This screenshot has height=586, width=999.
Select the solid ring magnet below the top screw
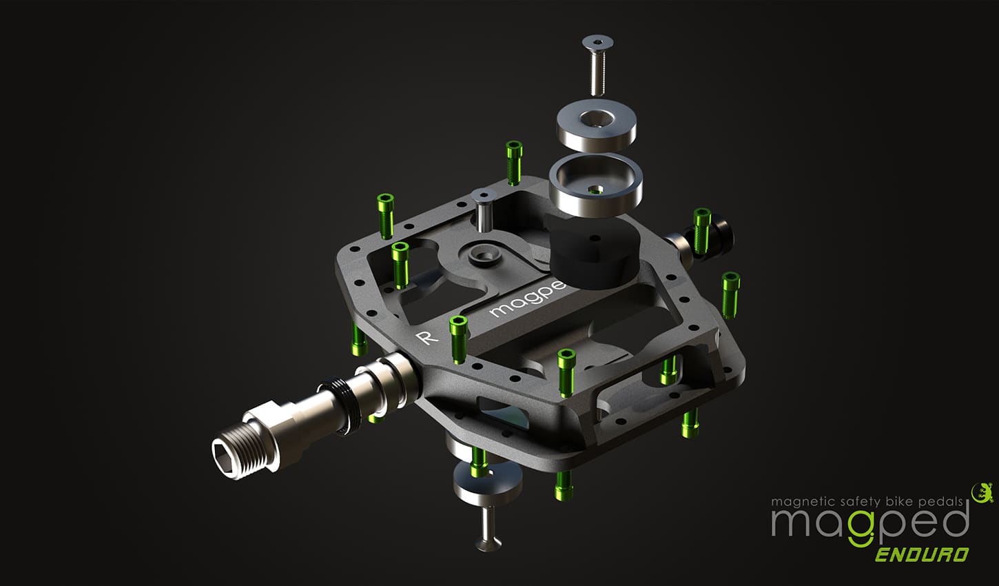pos(595,125)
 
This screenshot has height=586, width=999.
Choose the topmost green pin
pos(514,161)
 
